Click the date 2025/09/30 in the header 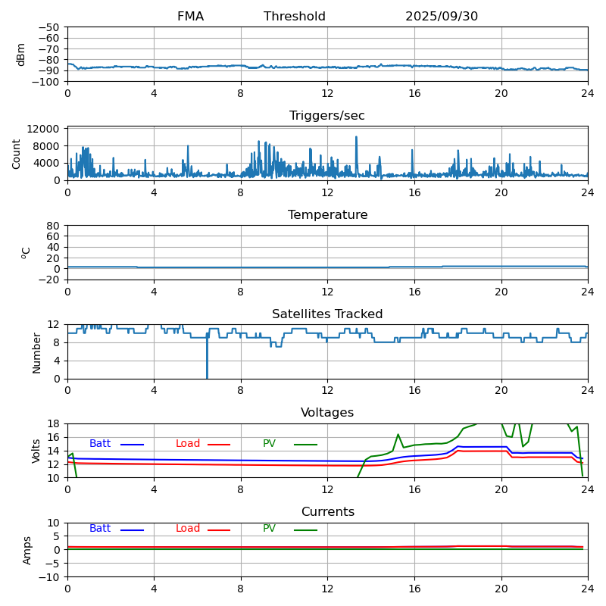tap(442, 17)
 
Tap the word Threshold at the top tap(295, 17)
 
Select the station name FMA tap(190, 17)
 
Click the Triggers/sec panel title tap(327, 116)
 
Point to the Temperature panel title tap(327, 215)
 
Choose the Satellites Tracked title tap(327, 314)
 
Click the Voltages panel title tap(327, 413)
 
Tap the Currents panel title tap(327, 512)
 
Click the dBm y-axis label tap(21, 55)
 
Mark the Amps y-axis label tap(27, 550)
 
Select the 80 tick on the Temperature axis tap(54, 226)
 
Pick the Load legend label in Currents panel tap(188, 529)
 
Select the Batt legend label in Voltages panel tap(100, 444)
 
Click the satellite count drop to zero tap(207, 376)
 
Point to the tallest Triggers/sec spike tap(356, 138)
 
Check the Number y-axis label tap(37, 352)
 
